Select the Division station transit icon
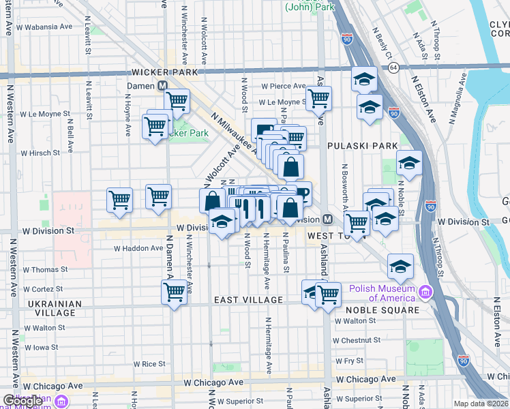[x=327, y=219]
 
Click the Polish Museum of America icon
[x=425, y=292]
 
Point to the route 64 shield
[x=393, y=67]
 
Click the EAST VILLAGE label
[x=248, y=300]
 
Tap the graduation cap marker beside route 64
[x=365, y=79]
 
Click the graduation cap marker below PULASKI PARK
[x=409, y=163]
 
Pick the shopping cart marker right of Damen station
[x=177, y=101]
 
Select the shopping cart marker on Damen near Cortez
[x=175, y=292]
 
